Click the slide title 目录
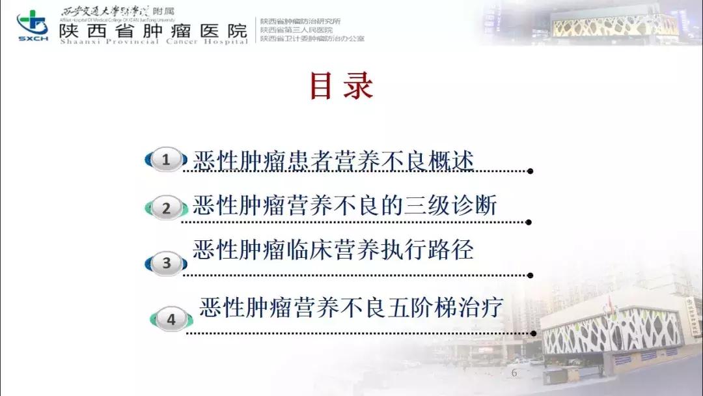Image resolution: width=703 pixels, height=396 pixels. click(341, 87)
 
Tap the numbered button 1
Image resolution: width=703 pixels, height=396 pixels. click(166, 160)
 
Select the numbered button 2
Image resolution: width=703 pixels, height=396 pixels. click(166, 208)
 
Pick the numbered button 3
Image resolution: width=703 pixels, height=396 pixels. click(167, 263)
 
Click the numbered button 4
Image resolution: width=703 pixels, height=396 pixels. click(172, 320)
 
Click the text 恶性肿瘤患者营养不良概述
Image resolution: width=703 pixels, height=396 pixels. click(333, 160)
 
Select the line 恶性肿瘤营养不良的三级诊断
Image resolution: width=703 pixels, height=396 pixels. click(344, 206)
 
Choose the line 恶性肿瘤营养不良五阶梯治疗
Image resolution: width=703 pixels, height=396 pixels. click(351, 307)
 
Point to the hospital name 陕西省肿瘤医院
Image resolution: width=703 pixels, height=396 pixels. click(153, 31)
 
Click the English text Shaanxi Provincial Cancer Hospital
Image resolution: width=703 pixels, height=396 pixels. click(153, 42)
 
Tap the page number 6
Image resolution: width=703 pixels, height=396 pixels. click(514, 373)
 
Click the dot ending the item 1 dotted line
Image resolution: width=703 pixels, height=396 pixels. click(531, 171)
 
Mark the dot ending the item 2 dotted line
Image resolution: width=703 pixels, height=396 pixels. click(531, 222)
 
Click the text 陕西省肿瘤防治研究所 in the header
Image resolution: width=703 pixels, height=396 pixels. click(300, 21)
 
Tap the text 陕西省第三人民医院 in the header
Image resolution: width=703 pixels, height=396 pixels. click(296, 30)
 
